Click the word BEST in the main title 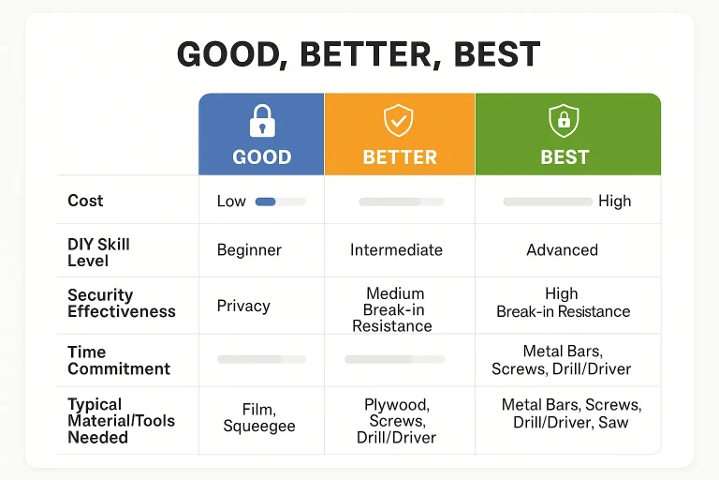click(497, 53)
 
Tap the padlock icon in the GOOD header click(262, 121)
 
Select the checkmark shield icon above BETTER click(399, 120)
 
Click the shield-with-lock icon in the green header click(564, 121)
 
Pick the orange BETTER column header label click(400, 157)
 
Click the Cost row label click(85, 201)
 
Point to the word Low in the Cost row click(231, 202)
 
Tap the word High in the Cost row click(615, 202)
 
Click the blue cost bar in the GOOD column click(265, 202)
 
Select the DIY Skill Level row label click(98, 252)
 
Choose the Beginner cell click(249, 250)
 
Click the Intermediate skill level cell click(397, 250)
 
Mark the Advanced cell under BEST click(562, 250)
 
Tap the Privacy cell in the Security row click(243, 306)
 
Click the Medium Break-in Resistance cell click(392, 309)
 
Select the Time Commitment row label click(119, 360)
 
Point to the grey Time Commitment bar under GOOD click(262, 359)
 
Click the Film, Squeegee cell click(259, 417)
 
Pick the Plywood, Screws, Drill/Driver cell click(397, 421)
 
